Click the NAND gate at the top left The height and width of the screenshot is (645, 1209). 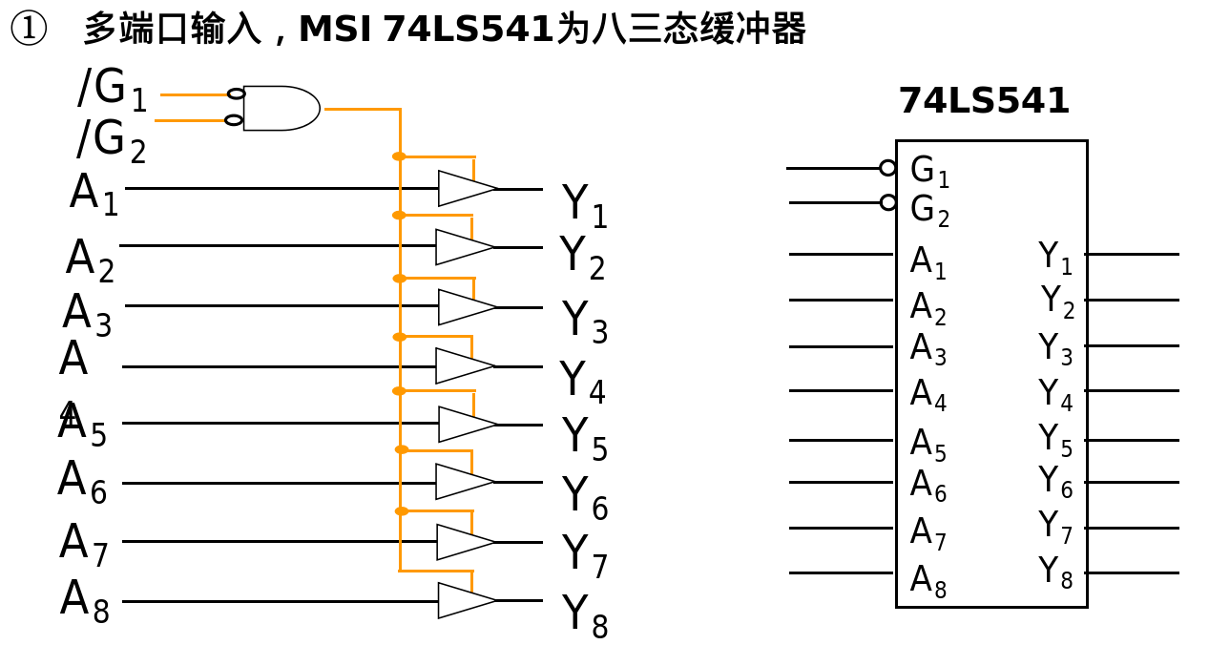(280, 108)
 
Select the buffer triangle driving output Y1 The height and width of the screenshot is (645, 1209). (465, 188)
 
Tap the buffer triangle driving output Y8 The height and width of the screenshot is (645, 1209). (465, 600)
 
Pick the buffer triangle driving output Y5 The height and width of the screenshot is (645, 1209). (465, 424)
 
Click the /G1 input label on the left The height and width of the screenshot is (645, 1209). (112, 89)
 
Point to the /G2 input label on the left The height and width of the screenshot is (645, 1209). (111, 140)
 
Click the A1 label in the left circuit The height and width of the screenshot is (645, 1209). (94, 195)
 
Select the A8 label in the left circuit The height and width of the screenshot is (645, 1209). (84, 601)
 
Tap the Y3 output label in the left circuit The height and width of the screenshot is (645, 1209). (584, 322)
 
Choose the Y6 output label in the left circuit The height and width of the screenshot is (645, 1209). (584, 497)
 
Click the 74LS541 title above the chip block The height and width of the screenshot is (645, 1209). (984, 101)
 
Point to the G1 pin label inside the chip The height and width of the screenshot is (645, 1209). (929, 171)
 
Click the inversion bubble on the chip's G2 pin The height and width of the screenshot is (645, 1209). (888, 202)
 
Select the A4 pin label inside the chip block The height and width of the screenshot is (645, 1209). (928, 394)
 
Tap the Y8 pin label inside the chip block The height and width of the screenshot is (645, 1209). (1055, 572)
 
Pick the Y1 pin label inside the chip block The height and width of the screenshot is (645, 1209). (1055, 257)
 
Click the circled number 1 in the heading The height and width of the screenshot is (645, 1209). (28, 30)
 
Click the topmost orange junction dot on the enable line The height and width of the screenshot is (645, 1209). (399, 156)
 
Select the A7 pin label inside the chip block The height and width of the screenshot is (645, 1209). (928, 532)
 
